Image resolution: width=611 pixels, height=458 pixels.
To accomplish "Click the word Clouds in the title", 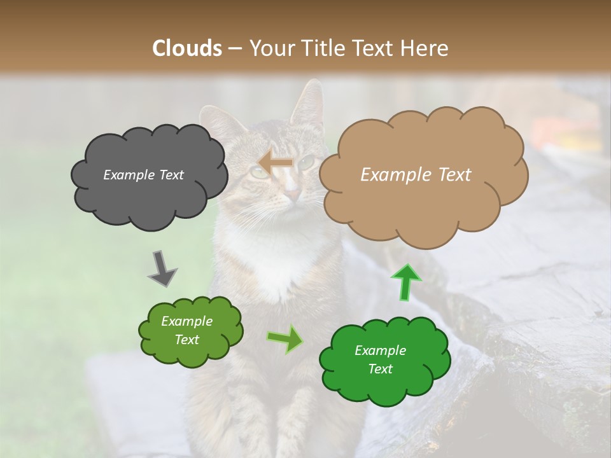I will point(187,48).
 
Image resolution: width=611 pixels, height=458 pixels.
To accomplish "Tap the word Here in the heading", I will point(426,48).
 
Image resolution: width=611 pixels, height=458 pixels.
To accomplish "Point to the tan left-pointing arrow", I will point(276,163).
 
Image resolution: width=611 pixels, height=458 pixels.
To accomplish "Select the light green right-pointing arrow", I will point(285,339).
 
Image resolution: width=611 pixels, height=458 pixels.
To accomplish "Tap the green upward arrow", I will point(405,282).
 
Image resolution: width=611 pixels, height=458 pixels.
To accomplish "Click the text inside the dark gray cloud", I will point(143,175).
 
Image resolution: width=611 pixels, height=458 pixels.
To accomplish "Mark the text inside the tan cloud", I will point(416,175).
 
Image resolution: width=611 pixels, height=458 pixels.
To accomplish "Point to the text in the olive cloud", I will point(186,330).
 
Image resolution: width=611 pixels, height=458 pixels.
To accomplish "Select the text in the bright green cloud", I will point(380,359).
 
